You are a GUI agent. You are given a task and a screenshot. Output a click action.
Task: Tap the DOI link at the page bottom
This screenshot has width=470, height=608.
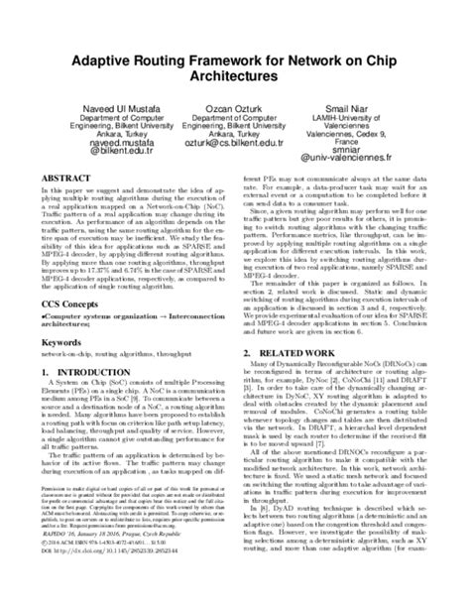pyautogui.click(x=111, y=592)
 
